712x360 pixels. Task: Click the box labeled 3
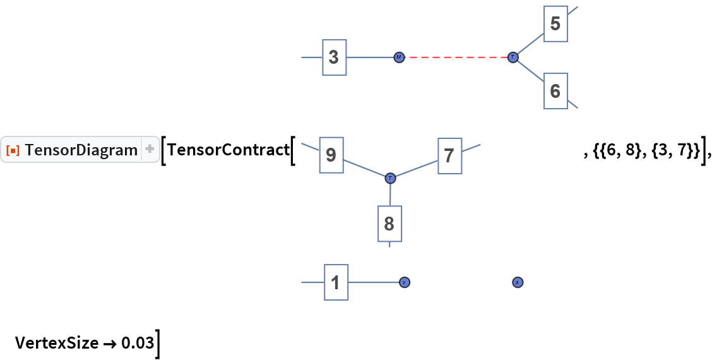(x=334, y=57)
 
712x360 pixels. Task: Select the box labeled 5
(x=555, y=24)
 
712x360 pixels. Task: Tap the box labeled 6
(x=555, y=92)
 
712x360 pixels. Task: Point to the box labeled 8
(x=389, y=224)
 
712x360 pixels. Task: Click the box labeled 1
(x=336, y=282)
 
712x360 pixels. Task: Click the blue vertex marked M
(x=399, y=57)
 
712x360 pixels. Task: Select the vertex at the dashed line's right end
(x=513, y=57)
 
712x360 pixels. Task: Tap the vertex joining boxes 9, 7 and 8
(x=390, y=178)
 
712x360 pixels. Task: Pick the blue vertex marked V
(x=405, y=282)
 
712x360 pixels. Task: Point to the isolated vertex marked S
(x=517, y=282)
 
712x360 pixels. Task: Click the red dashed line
(x=456, y=57)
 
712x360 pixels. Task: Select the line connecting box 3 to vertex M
(x=370, y=57)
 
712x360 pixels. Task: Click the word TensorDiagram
(x=81, y=150)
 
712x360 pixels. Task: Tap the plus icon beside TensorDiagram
(x=150, y=150)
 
